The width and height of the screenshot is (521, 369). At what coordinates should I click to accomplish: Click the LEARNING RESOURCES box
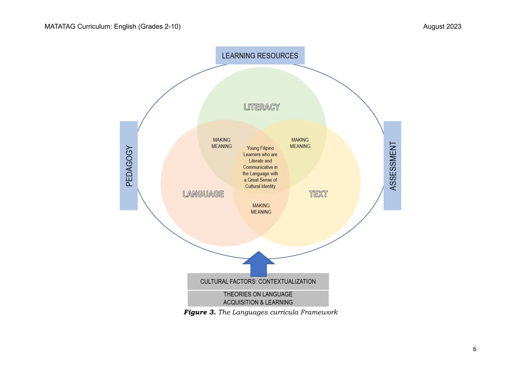[x=260, y=56]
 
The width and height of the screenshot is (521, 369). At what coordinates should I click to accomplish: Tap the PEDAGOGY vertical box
[x=129, y=166]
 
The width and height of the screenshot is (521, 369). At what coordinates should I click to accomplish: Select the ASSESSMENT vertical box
[x=392, y=166]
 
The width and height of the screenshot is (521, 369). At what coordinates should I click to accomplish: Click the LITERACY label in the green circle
[x=262, y=107]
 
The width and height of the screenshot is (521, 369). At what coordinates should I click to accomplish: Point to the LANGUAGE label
[x=203, y=194]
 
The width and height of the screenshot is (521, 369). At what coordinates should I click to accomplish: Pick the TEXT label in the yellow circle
[x=318, y=194]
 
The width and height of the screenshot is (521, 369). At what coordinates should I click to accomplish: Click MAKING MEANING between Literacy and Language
[x=222, y=143]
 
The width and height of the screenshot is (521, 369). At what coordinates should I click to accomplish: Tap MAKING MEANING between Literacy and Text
[x=300, y=143]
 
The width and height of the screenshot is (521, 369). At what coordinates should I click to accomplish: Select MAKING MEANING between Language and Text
[x=261, y=209]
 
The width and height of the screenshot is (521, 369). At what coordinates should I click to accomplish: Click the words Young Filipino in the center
[x=260, y=148]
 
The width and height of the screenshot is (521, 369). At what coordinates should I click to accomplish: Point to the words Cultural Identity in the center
[x=260, y=186]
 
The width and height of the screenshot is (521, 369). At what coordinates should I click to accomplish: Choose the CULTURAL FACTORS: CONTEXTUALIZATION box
[x=258, y=282]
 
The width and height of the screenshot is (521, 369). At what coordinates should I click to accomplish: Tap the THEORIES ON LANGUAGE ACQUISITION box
[x=258, y=298]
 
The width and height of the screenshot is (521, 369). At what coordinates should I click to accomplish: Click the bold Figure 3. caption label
[x=200, y=312]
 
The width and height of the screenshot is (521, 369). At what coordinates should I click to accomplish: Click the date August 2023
[x=442, y=26]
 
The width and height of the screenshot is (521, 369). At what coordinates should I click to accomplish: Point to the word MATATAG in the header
[x=60, y=26]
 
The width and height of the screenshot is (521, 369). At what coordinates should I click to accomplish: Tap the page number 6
[x=474, y=349]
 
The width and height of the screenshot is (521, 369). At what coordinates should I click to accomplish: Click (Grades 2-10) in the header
[x=159, y=26]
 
